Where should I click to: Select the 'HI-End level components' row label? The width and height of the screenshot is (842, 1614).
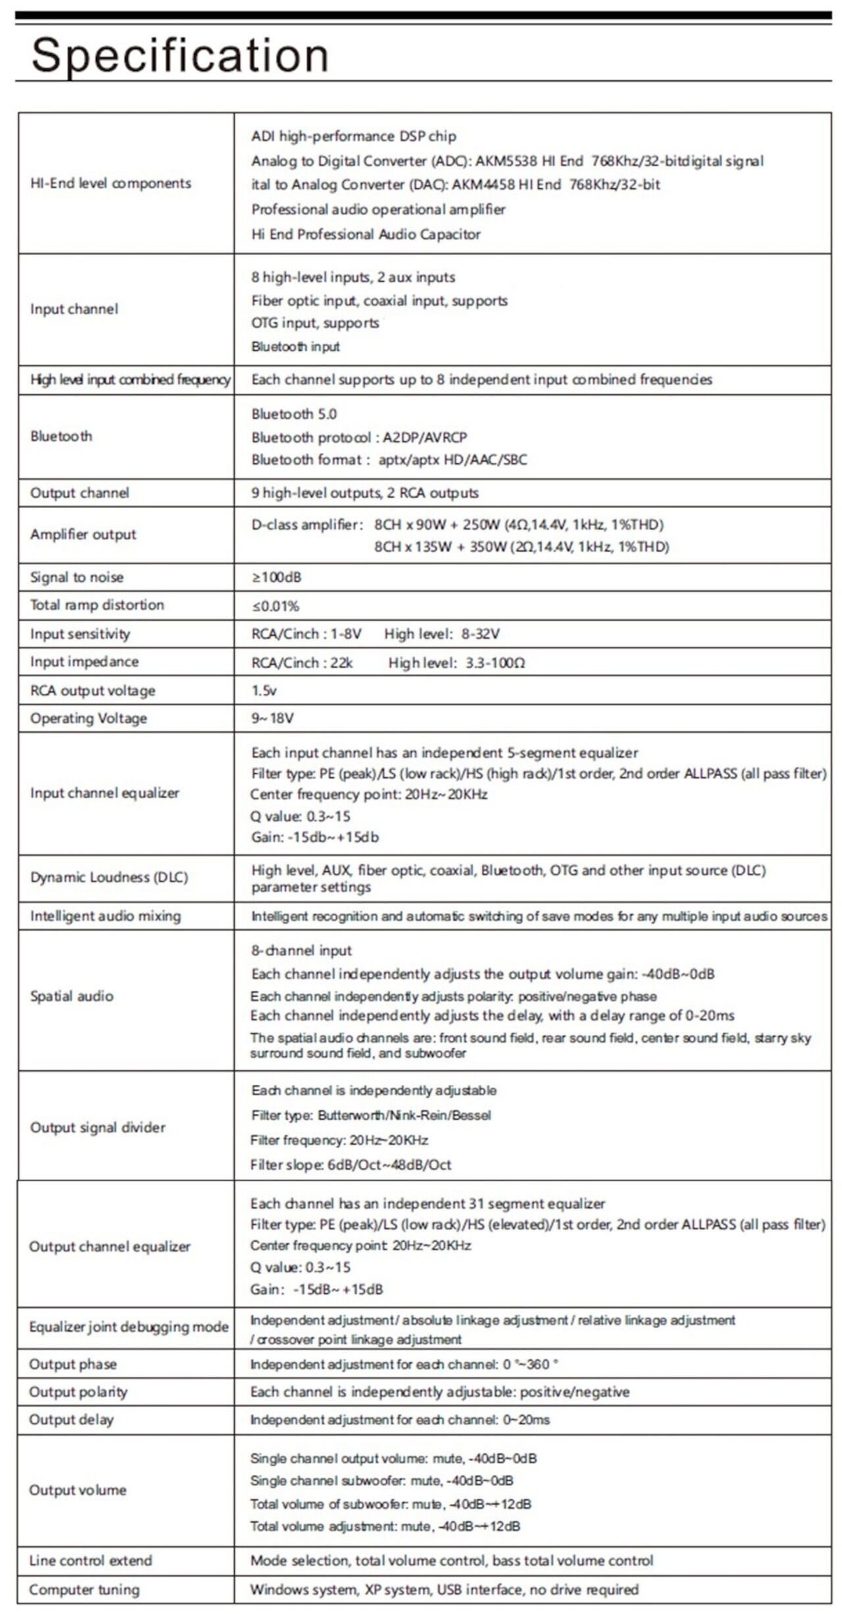pyautogui.click(x=111, y=183)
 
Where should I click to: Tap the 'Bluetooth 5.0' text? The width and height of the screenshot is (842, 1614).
pyautogui.click(x=294, y=414)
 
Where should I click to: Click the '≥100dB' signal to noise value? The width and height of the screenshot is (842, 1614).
pyautogui.click(x=276, y=577)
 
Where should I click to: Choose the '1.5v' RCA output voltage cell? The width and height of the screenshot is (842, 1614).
pyautogui.click(x=264, y=690)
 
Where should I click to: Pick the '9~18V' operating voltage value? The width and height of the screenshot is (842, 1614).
pyautogui.click(x=272, y=718)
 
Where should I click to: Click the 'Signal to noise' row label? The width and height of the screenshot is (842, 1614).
pyautogui.click(x=77, y=577)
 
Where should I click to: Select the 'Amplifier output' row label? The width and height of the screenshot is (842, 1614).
pyautogui.click(x=83, y=534)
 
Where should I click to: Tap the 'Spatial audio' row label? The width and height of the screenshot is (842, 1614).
pyautogui.click(x=72, y=996)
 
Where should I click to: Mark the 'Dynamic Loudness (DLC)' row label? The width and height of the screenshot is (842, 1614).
pyautogui.click(x=109, y=877)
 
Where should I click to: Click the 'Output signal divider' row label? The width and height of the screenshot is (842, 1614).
pyautogui.click(x=98, y=1128)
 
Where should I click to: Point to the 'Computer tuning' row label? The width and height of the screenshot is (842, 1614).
pyautogui.click(x=84, y=1590)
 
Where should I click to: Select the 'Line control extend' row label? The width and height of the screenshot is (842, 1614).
pyautogui.click(x=90, y=1561)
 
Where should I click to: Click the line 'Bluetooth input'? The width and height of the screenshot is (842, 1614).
pyautogui.click(x=295, y=346)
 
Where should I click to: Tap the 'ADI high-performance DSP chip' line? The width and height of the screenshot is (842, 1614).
pyautogui.click(x=353, y=136)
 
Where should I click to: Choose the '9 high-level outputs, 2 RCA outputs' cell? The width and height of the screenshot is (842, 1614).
pyautogui.click(x=364, y=493)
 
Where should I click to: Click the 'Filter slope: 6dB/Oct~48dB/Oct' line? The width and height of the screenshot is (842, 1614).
pyautogui.click(x=351, y=1164)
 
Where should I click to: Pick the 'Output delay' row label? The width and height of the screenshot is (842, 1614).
pyautogui.click(x=71, y=1420)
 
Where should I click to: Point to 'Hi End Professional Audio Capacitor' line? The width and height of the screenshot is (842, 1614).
pyautogui.click(x=366, y=234)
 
